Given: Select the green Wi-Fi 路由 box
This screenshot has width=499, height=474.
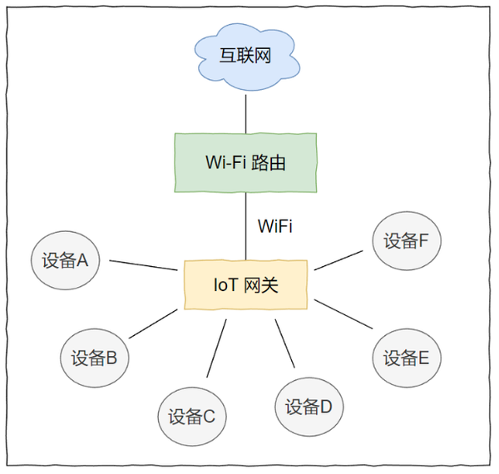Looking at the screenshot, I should point(245,162).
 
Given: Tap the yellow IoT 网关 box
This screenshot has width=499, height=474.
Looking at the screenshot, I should point(245,285).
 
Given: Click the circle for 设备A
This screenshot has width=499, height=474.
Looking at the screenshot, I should point(65,260).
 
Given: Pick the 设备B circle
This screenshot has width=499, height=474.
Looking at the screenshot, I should point(94,358).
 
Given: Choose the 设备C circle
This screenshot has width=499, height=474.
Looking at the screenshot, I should point(191,416).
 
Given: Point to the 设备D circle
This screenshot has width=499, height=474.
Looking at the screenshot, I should point(309,407).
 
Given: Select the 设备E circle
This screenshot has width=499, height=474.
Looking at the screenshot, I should point(406,358).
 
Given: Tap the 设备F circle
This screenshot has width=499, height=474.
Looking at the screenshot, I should point(406,241).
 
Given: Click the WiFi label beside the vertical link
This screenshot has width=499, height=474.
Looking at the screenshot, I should point(275,226).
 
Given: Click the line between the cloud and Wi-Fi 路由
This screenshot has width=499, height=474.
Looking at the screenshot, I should point(246,112).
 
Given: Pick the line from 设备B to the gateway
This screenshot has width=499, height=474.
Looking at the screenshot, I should point(154,323).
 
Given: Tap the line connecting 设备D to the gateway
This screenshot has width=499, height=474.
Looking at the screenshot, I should point(285,343).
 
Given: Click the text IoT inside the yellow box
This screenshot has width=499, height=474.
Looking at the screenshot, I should point(224,285).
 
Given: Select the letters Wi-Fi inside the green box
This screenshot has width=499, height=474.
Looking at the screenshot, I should point(225,162).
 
